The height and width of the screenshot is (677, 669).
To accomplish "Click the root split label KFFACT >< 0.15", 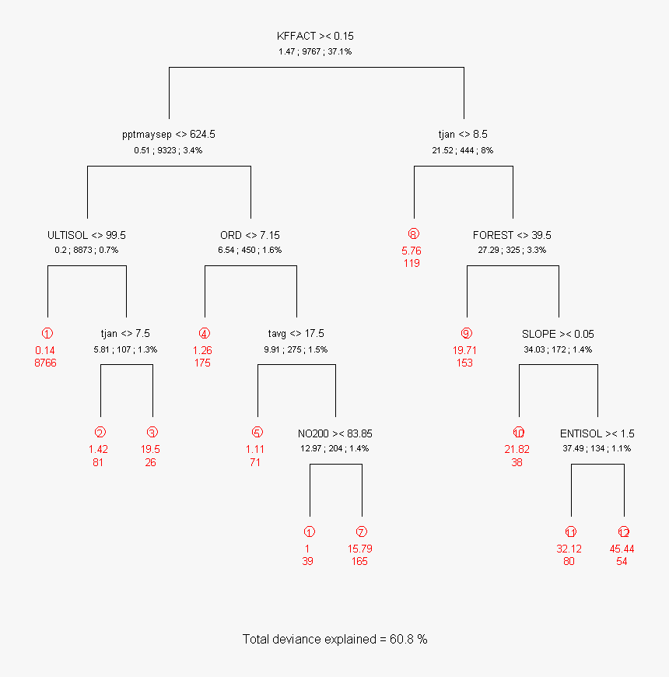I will (x=316, y=36).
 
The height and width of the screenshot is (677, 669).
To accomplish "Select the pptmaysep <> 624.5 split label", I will (x=168, y=134).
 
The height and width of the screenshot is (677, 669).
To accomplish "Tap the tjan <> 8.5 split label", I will (x=463, y=134).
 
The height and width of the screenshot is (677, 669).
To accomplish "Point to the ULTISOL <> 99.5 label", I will (x=86, y=234).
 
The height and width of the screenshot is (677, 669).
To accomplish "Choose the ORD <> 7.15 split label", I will (x=250, y=234).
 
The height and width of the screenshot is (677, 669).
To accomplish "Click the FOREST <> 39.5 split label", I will (x=512, y=234).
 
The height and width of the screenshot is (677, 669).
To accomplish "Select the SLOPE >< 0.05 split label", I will (x=558, y=334).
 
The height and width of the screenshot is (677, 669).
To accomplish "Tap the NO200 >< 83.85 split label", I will (x=334, y=433).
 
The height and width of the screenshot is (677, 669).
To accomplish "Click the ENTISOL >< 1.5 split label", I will (x=597, y=433).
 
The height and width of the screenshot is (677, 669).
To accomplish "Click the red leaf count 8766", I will (x=46, y=363).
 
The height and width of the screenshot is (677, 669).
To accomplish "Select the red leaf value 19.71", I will (x=466, y=350).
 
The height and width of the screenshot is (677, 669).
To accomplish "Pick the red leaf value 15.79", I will (x=359, y=549).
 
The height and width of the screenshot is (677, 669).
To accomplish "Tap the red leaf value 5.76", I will (x=412, y=251).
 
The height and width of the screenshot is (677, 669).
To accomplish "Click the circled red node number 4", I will (x=203, y=334).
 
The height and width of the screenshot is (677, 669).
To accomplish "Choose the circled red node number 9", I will (x=466, y=334).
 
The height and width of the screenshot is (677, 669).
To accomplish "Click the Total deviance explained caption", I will (x=334, y=639).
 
